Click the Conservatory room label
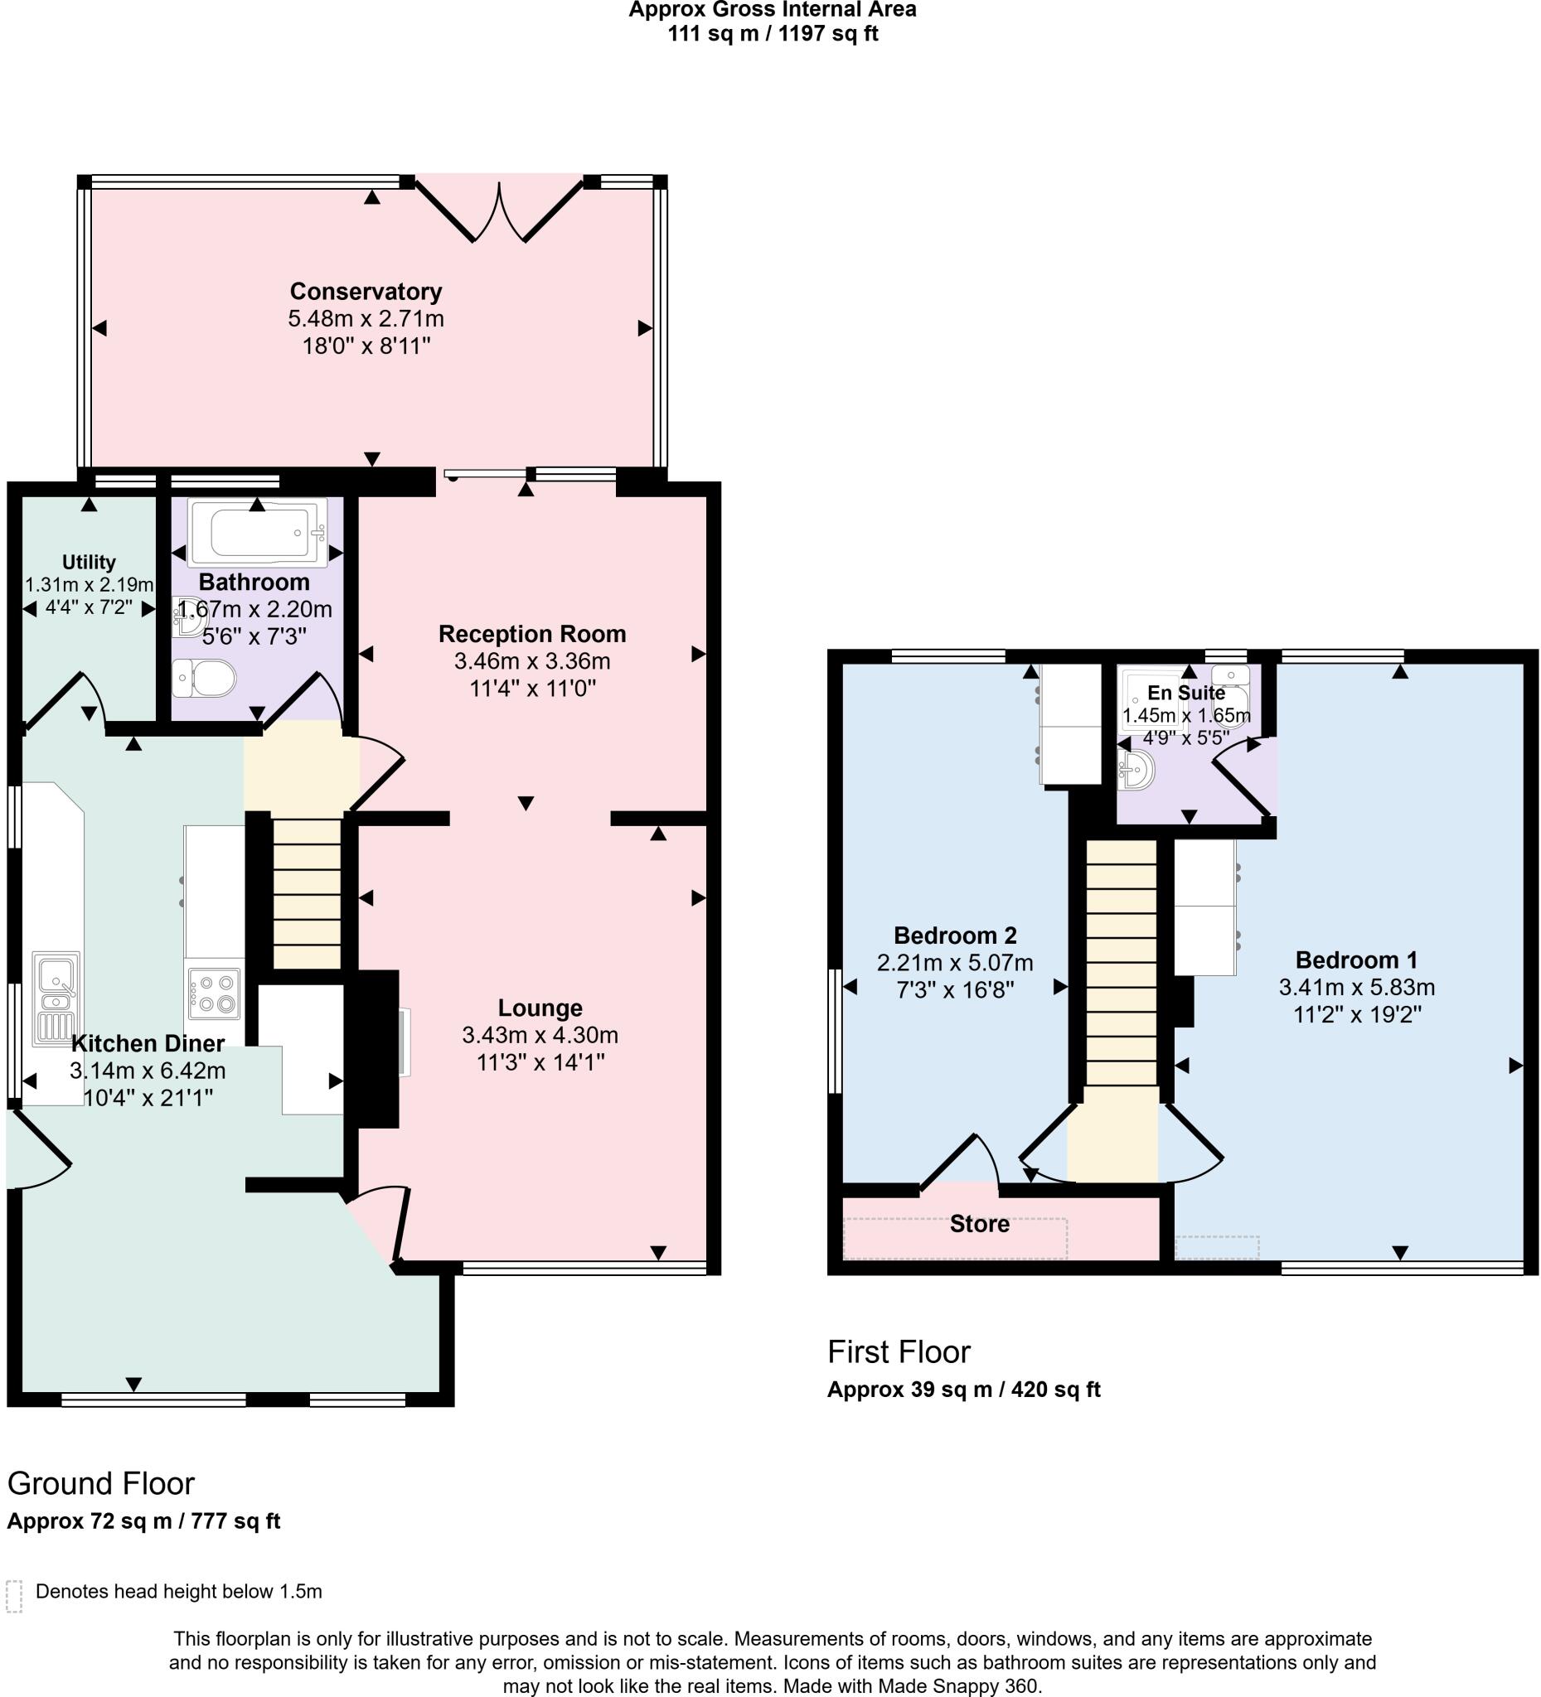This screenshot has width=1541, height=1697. point(366,291)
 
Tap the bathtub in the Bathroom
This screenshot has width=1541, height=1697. point(256,533)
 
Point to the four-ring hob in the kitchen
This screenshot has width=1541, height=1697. point(214,994)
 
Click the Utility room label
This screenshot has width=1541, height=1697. point(89,562)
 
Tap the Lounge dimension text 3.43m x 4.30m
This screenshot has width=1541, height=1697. point(540,1035)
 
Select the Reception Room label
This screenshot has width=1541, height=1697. point(532,634)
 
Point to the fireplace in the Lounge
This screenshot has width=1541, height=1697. point(376,1047)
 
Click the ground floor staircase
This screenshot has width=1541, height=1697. point(307,892)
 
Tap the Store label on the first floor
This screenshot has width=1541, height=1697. point(979,1224)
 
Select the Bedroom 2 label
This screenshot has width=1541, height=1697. point(955,936)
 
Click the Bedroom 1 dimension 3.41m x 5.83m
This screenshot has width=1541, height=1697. point(1357,987)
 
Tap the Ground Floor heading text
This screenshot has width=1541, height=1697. point(101,1483)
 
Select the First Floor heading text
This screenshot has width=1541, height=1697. point(899,1351)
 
